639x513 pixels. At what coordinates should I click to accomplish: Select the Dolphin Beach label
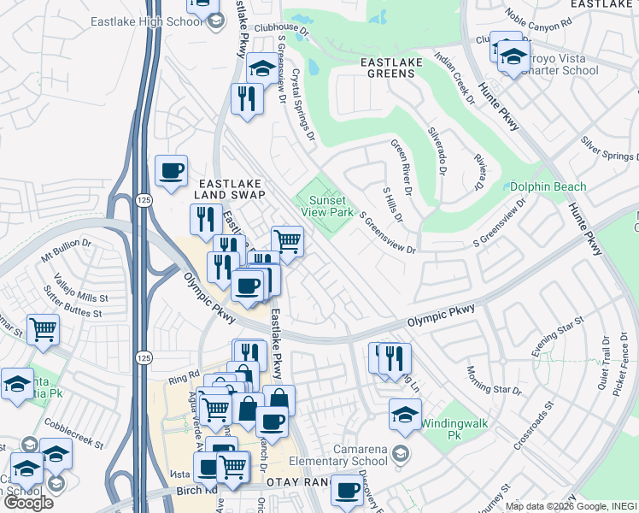(548, 186)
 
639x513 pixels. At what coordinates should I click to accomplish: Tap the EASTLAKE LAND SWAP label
(232, 189)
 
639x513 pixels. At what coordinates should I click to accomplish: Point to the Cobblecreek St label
(76, 433)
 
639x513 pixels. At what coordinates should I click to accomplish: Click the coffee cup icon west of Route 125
(171, 170)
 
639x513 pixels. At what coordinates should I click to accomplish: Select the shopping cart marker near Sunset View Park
(287, 242)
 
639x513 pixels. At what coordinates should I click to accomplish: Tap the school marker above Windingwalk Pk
(405, 415)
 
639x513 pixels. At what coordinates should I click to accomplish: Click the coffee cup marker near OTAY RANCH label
(347, 490)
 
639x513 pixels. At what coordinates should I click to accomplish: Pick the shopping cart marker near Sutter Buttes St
(43, 329)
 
